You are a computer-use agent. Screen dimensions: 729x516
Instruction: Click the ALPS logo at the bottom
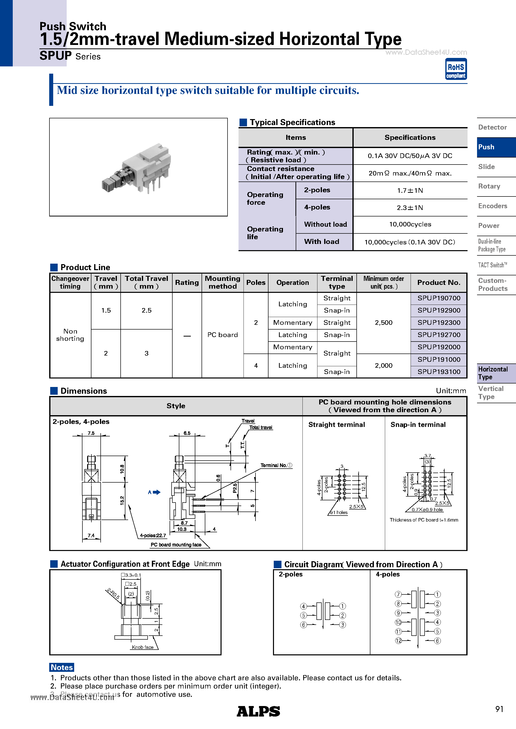(258, 711)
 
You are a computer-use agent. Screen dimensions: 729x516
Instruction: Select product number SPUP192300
(439, 323)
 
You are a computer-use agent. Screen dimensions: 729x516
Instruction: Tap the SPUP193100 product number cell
(439, 372)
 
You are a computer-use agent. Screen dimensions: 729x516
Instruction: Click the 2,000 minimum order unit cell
(384, 365)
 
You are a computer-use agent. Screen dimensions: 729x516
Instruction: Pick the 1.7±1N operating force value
(410, 190)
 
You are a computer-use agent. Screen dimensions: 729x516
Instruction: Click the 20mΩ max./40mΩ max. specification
(410, 173)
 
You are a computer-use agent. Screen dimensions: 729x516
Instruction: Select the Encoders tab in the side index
(493, 206)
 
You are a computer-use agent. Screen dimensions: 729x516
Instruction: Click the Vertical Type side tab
(491, 393)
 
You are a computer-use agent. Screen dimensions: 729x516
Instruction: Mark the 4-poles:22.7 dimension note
(153, 536)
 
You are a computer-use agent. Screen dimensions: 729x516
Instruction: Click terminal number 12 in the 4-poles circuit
(398, 641)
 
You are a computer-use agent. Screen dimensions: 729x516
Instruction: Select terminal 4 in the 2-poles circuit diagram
(303, 606)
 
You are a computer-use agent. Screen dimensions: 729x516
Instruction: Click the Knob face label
(143, 647)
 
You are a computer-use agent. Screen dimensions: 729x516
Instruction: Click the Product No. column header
(439, 283)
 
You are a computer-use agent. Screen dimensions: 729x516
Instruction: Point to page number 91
(499, 709)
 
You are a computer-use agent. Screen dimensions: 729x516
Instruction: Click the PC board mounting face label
(176, 545)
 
